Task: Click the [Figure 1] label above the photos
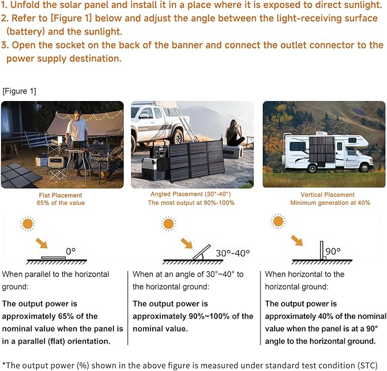tap(19, 91)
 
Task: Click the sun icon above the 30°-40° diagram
tap(168, 223)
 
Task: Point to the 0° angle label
tap(70, 251)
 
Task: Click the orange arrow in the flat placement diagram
tap(51, 243)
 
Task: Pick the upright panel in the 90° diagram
tap(321, 249)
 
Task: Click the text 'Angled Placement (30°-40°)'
tap(192, 195)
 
